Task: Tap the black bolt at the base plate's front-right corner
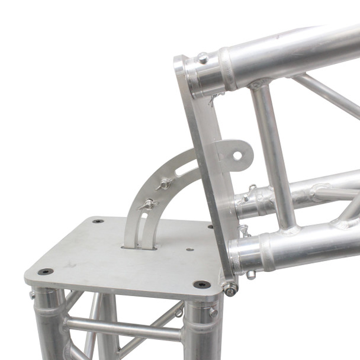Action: click(x=201, y=284)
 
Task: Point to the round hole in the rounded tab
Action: click(x=237, y=156)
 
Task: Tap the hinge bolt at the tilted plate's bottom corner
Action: click(x=230, y=288)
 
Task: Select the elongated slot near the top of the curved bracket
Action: click(x=188, y=169)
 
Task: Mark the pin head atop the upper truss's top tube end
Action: click(x=202, y=57)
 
